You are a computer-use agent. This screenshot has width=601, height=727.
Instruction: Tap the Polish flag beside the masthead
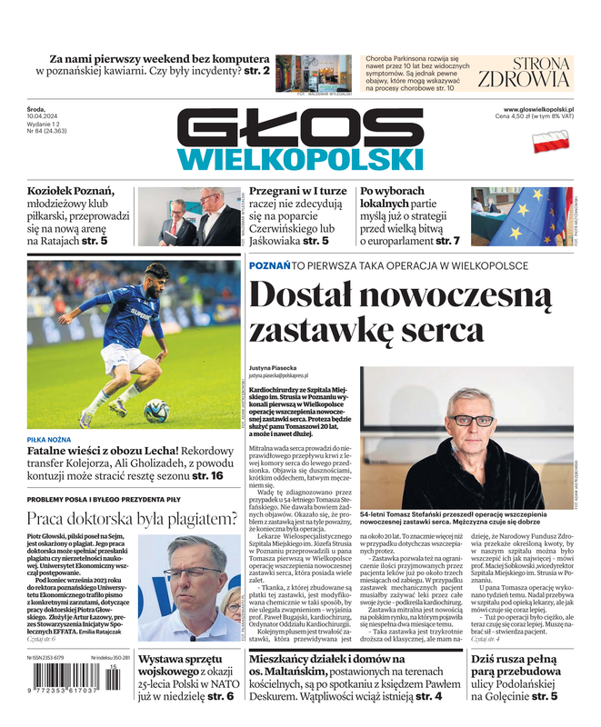pyautogui.click(x=550, y=141)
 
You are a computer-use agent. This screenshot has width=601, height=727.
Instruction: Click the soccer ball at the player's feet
pyautogui.click(x=156, y=411)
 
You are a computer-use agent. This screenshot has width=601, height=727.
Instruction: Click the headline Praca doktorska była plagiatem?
pyautogui.click(x=132, y=519)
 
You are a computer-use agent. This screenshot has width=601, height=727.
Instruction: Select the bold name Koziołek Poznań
pyautogui.click(x=71, y=191)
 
